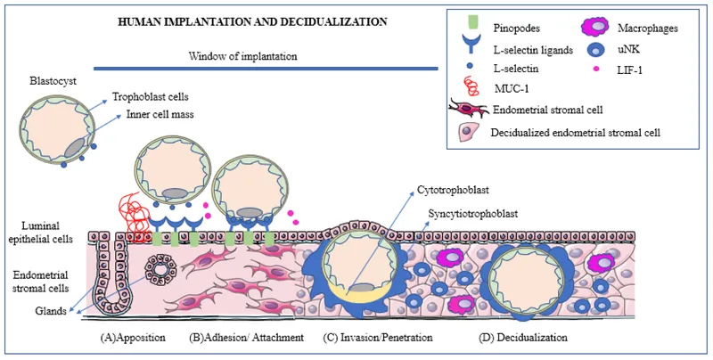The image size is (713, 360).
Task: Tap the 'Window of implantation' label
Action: [x=242, y=56]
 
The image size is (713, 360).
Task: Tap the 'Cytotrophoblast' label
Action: [x=455, y=190]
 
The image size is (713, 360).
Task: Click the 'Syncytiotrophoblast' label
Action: [x=462, y=214]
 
